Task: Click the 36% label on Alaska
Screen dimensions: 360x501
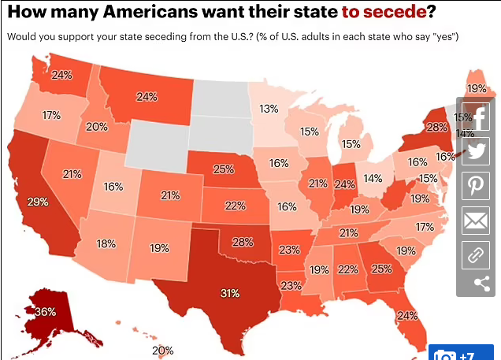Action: (x=45, y=312)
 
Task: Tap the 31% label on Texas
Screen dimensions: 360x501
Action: (x=229, y=293)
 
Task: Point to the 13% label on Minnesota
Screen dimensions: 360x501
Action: (x=269, y=108)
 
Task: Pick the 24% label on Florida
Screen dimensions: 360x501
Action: (x=407, y=316)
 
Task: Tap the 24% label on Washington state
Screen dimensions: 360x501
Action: (x=61, y=76)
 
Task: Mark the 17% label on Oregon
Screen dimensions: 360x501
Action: (x=51, y=115)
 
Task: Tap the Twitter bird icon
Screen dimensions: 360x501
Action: (x=476, y=153)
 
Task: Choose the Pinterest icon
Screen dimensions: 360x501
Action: (x=476, y=187)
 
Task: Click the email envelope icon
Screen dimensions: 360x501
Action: (x=476, y=221)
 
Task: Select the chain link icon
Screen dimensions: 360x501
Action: (x=476, y=254)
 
